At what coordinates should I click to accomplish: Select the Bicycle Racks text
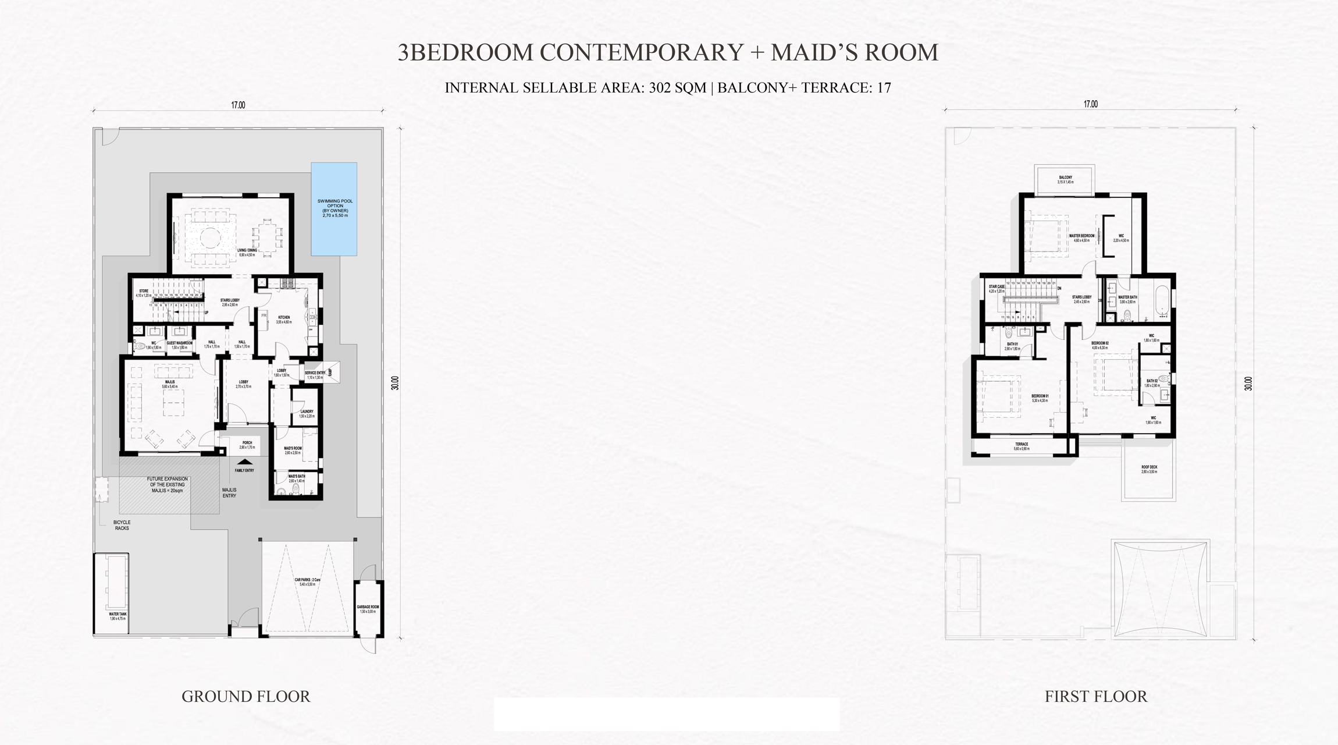click(122, 525)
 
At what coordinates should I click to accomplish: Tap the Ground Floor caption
click(245, 697)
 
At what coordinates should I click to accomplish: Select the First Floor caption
click(1095, 697)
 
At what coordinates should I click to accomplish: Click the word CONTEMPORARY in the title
click(642, 52)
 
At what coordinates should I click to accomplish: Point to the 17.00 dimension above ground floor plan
click(238, 105)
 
